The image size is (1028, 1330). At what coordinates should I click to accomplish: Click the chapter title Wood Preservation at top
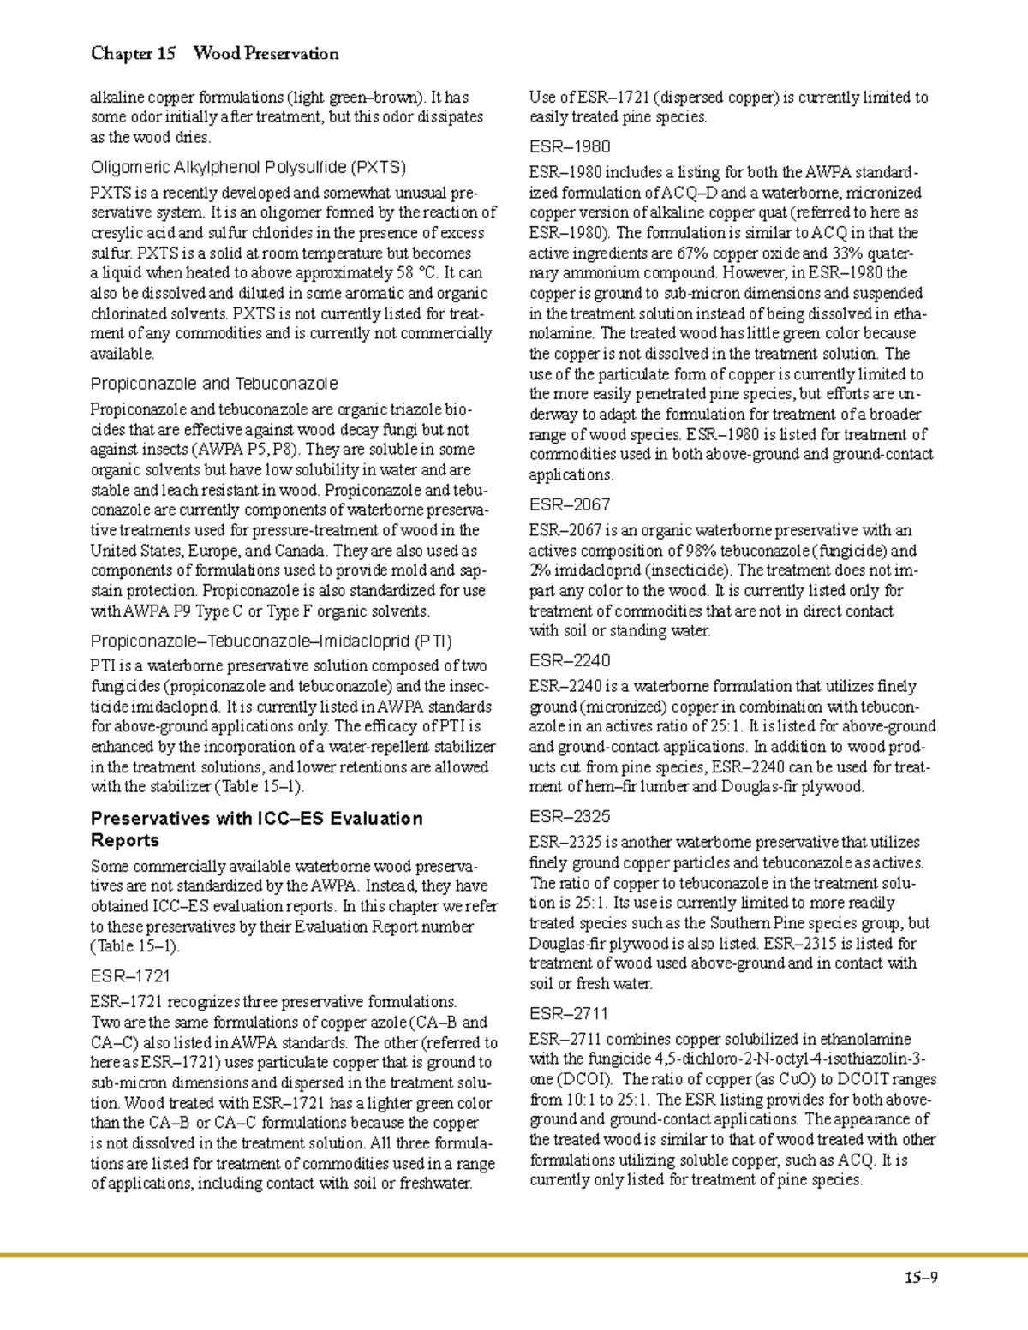pos(266,54)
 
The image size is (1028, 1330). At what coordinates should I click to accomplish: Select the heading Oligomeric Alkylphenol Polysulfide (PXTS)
pos(248,166)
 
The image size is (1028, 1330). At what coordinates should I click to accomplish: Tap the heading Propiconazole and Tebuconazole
pos(214,384)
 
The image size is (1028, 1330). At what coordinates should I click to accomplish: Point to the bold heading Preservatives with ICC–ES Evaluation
pos(257,818)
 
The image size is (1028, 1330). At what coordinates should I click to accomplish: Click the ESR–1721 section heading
pos(130,975)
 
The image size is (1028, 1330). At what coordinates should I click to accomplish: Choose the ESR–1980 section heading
pos(570,146)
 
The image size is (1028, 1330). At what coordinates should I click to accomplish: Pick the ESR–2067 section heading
pos(570,504)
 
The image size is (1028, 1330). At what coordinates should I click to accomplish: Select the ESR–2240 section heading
pos(570,660)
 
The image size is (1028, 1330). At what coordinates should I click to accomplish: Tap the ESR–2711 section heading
pos(569,1013)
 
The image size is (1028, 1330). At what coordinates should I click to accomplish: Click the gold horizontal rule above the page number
pos(514,1255)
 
